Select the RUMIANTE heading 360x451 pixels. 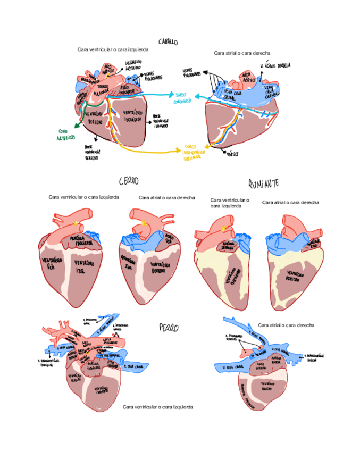tap(264, 183)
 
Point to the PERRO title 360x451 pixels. tap(169, 327)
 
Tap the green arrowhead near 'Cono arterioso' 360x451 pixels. tap(76, 126)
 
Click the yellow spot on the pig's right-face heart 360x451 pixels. tap(145, 224)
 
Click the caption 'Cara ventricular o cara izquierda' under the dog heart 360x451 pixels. tap(158, 406)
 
